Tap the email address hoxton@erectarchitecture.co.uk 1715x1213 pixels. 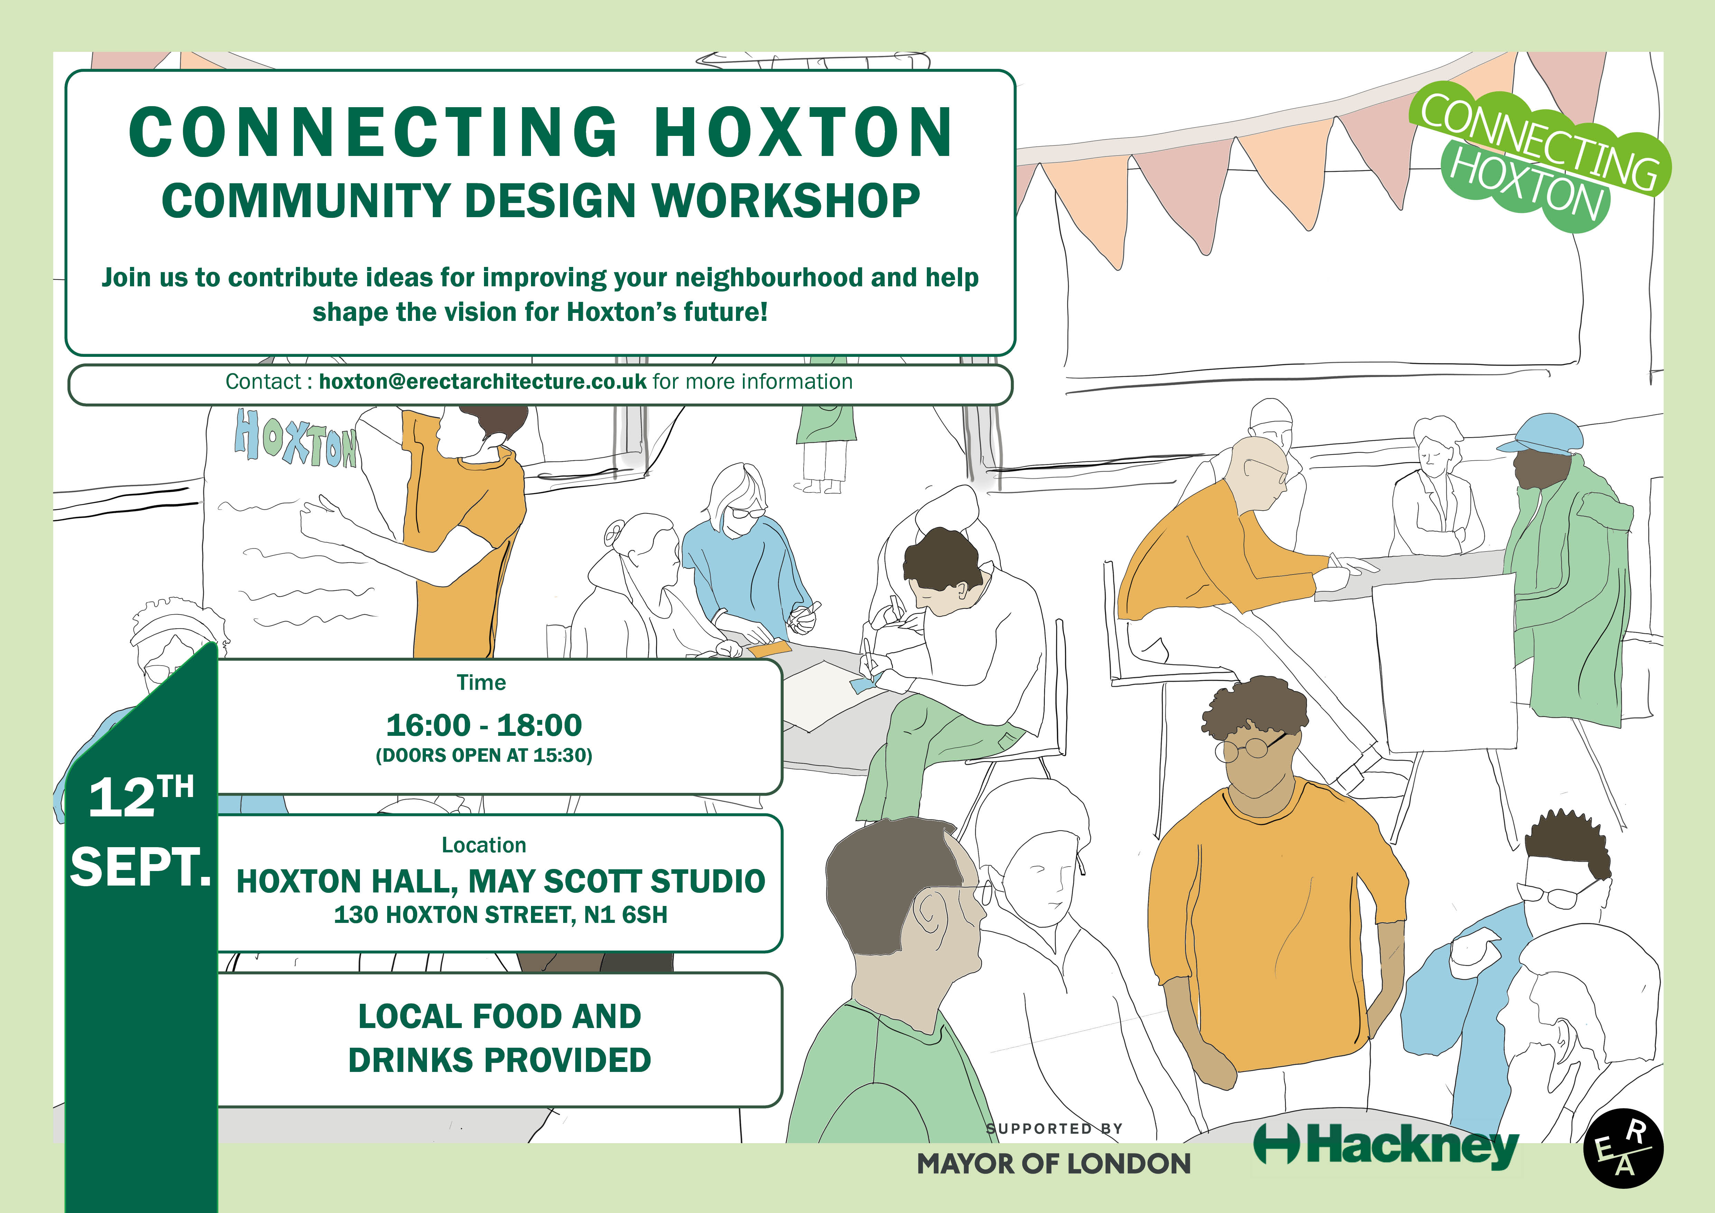[483, 382]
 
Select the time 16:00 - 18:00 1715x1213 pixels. [483, 724]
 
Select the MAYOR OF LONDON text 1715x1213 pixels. [1054, 1164]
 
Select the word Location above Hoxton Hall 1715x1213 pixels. [484, 845]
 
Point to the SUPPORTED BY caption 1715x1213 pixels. [1054, 1129]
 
